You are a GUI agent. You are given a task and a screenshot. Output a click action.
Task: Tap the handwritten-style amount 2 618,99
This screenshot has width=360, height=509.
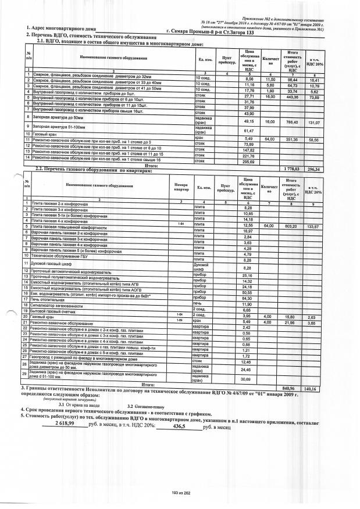pos(65,425)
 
